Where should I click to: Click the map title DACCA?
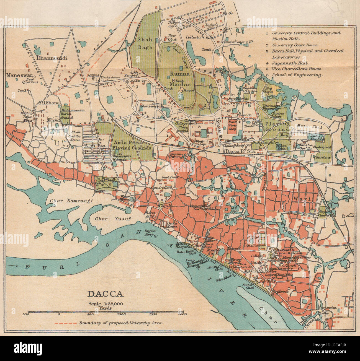point(106,294)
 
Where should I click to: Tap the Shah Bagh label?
point(145,43)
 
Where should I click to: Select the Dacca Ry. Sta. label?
point(240,151)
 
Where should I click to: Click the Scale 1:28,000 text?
point(106,303)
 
